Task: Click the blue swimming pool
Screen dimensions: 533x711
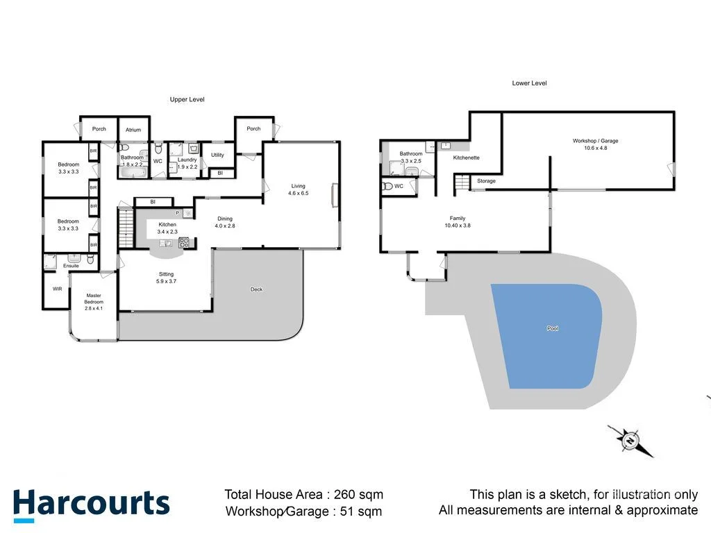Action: click(x=549, y=333)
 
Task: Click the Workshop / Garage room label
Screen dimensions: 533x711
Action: click(x=595, y=141)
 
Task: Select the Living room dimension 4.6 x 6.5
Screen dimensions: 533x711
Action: click(x=298, y=193)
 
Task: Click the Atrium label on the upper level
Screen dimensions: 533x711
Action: click(x=133, y=130)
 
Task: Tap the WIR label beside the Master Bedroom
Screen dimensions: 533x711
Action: click(x=57, y=289)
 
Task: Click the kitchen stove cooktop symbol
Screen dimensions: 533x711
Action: click(x=184, y=242)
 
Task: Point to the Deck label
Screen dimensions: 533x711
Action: click(x=257, y=289)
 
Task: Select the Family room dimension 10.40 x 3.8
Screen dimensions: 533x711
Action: click(x=457, y=226)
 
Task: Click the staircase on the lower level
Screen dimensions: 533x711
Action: click(x=462, y=182)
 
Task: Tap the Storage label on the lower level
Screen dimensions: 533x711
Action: click(x=486, y=181)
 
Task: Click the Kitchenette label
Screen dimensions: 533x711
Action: click(x=466, y=158)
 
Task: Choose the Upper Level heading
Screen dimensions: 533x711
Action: click(x=187, y=99)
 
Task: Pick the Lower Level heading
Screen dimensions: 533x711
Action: click(x=529, y=83)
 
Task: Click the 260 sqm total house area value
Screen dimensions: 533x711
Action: click(x=358, y=495)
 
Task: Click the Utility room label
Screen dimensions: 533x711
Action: click(x=217, y=155)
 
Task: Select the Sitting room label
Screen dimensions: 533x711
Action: click(x=166, y=274)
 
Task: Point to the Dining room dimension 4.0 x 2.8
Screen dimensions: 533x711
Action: click(x=224, y=226)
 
